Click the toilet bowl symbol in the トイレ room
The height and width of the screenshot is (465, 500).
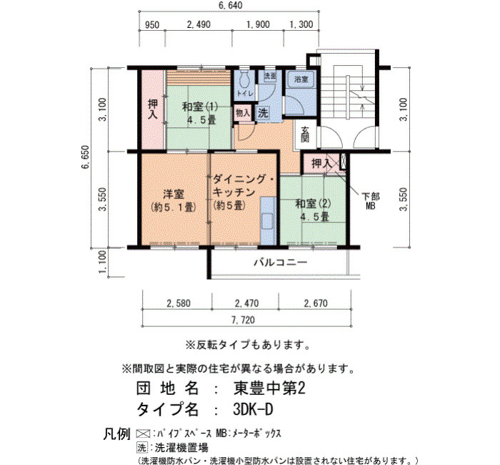244,79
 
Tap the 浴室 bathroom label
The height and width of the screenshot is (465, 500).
301,79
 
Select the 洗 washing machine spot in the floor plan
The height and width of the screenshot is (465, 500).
263,113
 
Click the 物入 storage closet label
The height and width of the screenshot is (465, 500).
243,113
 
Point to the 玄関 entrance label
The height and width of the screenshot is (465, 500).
305,134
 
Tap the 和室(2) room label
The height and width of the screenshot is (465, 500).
313,203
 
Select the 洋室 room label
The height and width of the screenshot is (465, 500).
174,194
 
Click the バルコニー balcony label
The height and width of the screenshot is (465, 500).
280,263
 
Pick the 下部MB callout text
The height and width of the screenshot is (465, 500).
371,201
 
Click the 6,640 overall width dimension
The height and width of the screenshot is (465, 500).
230,5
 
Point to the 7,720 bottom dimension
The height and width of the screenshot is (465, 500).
244,320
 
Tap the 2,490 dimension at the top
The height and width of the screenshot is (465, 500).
199,24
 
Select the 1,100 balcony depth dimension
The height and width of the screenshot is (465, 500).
103,262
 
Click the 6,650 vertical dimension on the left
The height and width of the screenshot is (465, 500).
86,157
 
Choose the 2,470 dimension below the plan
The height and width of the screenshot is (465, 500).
247,303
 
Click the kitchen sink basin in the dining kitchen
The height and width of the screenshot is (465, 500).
267,221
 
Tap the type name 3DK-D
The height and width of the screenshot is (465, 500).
253,409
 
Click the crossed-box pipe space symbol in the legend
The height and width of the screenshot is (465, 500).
143,434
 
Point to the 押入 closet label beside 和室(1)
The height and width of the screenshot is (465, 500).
153,109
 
